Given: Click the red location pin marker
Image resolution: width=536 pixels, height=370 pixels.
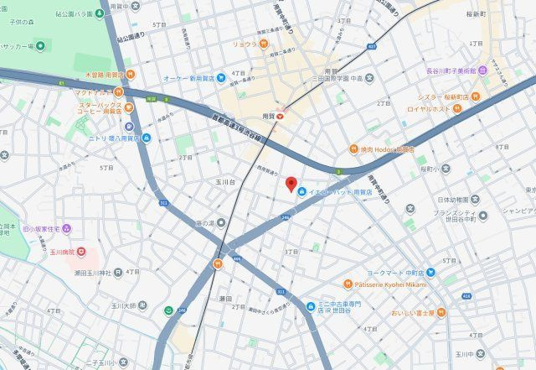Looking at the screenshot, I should pyautogui.click(x=291, y=185).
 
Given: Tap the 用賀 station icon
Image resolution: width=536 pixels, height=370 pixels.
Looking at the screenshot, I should pyautogui.click(x=281, y=117).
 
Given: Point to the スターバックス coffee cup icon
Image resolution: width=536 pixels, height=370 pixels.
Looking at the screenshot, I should pyautogui.click(x=128, y=108).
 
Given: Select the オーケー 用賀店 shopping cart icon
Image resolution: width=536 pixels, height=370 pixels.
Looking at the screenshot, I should pyautogui.click(x=220, y=79).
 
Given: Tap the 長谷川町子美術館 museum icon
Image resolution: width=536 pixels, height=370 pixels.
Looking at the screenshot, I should pyautogui.click(x=484, y=72).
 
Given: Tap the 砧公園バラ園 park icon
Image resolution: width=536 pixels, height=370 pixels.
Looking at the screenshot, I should pyautogui.click(x=70, y=14).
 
